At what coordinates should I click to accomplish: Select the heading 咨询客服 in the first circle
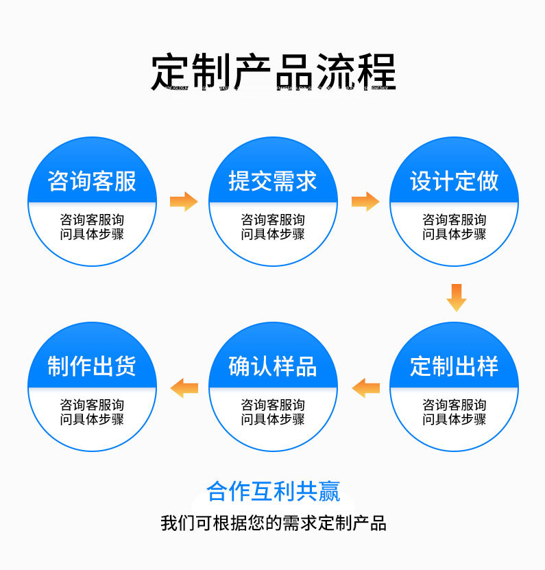point(92,181)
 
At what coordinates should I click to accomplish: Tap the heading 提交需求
point(273,181)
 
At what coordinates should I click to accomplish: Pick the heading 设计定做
point(454,181)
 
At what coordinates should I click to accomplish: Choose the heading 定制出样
point(454,366)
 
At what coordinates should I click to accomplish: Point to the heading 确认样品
point(273,366)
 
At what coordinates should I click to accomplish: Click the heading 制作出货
point(92,366)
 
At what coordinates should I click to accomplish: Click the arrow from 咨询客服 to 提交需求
point(183,202)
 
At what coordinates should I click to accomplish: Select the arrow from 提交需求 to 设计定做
point(365,202)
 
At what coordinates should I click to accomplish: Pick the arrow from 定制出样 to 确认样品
point(365,388)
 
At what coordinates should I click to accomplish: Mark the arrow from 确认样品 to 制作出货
point(184,388)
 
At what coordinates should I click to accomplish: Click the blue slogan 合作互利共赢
point(273,492)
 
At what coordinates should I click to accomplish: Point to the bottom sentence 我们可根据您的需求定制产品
point(273,523)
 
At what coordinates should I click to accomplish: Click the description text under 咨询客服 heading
point(92,227)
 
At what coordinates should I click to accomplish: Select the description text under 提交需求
point(273,227)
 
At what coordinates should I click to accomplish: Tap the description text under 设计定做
point(454,227)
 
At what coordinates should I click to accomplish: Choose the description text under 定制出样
point(454,412)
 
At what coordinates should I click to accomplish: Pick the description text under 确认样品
point(273,412)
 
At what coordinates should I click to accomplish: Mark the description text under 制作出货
point(92,412)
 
